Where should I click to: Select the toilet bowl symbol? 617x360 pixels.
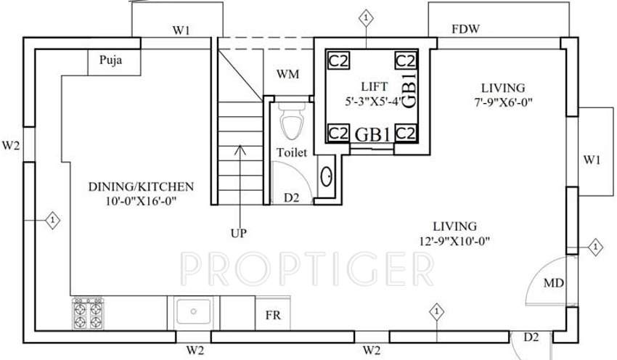292,123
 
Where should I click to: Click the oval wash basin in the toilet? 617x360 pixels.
327,176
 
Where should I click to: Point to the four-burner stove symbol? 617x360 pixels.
87,314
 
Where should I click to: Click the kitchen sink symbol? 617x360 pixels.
193,312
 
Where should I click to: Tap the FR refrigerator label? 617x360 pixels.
272,316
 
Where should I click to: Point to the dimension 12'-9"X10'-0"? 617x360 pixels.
455,240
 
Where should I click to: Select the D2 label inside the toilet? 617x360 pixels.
291,197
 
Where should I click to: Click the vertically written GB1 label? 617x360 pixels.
409,89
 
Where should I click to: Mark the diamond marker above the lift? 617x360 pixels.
367,17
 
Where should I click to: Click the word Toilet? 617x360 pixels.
293,152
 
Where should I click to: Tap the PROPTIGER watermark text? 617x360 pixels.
307,269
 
